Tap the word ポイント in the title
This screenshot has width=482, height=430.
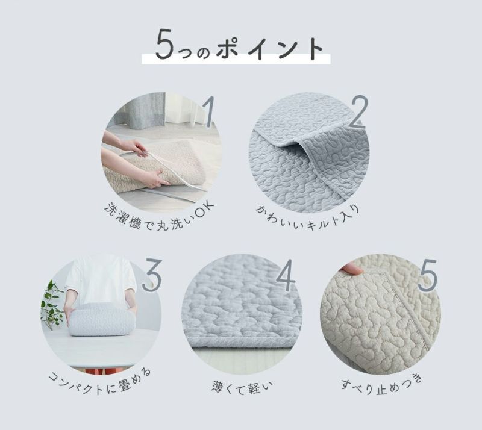(x=269, y=49)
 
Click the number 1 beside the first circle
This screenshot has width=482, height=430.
(x=209, y=111)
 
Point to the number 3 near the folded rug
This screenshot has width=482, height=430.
(x=152, y=275)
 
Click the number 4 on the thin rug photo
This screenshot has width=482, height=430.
(x=286, y=275)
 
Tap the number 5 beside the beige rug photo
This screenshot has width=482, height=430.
(x=427, y=275)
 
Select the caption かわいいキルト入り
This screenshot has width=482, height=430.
(x=307, y=218)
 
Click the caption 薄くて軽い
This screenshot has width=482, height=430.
(x=242, y=387)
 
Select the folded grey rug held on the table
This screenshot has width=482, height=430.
(x=101, y=320)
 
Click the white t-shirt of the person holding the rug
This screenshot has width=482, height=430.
(x=101, y=281)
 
